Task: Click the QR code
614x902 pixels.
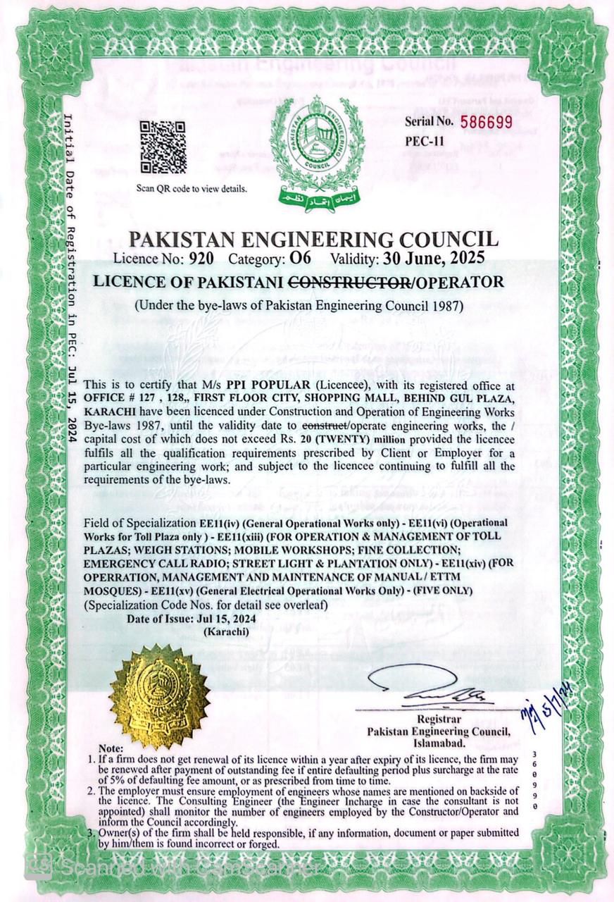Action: (x=163, y=147)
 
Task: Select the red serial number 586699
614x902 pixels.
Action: (x=487, y=122)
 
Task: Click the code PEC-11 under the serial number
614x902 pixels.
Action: (x=425, y=140)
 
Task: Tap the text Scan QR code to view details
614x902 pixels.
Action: (x=192, y=189)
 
